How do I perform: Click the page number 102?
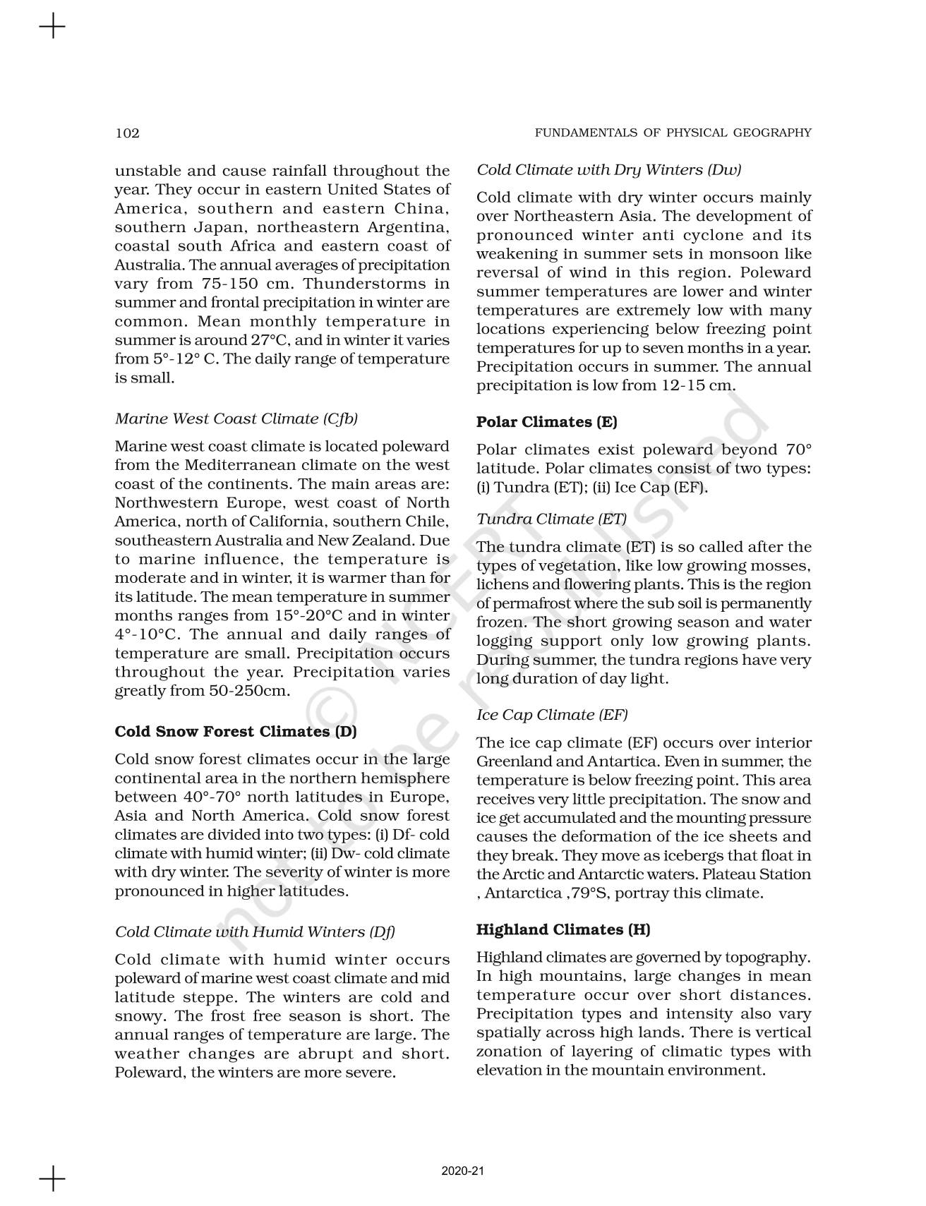(127, 133)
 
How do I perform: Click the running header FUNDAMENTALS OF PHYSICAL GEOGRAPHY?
(673, 133)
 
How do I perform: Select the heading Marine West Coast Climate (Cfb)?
(236, 418)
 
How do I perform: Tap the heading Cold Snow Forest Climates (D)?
(236, 731)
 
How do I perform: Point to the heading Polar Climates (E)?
(546, 422)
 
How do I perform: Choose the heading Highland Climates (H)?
(563, 929)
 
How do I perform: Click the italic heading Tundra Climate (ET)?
(551, 519)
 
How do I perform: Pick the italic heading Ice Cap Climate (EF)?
(552, 714)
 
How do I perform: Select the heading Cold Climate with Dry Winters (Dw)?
(608, 169)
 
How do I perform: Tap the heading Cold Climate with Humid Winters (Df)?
(255, 931)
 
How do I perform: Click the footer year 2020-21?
(463, 1171)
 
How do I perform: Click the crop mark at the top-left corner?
(52, 28)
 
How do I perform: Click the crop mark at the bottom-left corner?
(52, 1178)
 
